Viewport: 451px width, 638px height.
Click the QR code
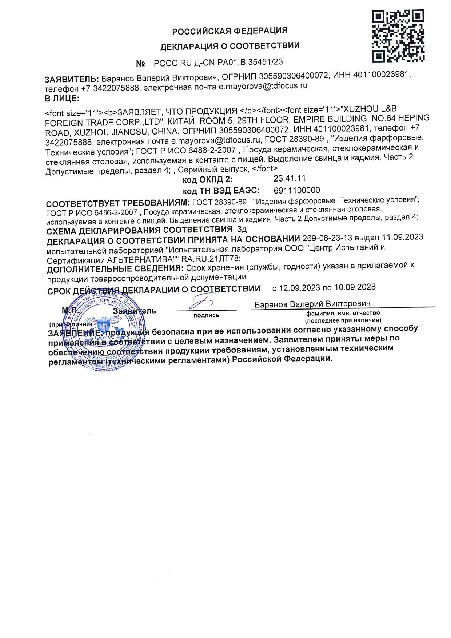398,36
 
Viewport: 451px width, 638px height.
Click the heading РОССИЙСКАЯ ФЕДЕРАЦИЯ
230,31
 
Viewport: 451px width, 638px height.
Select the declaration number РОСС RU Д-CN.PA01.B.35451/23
218,63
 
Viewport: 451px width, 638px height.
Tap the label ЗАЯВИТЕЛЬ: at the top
71,79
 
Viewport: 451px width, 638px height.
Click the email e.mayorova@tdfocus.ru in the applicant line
263,86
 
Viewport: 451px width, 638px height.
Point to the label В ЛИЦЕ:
61,98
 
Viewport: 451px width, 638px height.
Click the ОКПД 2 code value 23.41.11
290,178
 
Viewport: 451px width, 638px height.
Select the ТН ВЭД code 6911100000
297,190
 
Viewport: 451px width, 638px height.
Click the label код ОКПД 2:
207,179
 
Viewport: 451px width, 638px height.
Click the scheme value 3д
242,230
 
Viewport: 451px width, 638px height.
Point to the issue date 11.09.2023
403,237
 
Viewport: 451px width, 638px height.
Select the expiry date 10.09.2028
355,287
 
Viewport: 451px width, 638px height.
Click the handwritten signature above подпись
201,302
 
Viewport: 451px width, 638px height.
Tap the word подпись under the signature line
206,315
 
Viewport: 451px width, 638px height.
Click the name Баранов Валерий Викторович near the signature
312,304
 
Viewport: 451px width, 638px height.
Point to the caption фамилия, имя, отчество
343,313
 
